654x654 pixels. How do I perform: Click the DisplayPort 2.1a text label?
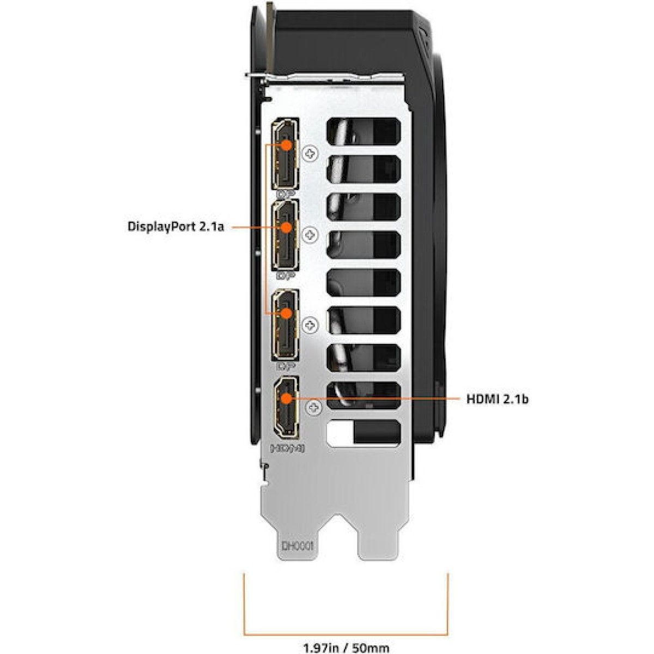[x=175, y=226]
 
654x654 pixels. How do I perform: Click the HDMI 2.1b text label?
[x=497, y=399]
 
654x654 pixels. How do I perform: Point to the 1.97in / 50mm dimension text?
[x=346, y=647]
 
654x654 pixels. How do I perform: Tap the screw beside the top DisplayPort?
[x=311, y=154]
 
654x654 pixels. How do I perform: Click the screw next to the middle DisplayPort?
[x=310, y=235]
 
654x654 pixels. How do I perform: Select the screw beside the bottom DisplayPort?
[x=311, y=325]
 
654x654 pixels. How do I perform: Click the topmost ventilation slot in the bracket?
[x=363, y=132]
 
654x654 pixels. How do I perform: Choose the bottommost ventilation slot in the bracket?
[x=363, y=433]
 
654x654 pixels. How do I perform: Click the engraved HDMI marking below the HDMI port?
[x=287, y=448]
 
